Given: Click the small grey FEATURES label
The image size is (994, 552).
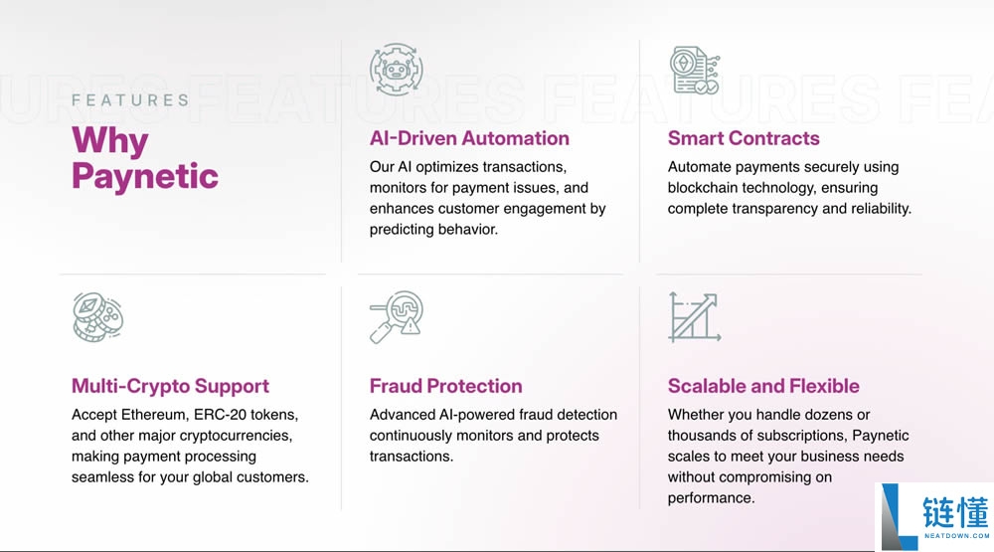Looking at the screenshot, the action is pyautogui.click(x=130, y=100).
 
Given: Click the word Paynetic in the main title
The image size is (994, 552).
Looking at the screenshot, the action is pyautogui.click(x=145, y=176).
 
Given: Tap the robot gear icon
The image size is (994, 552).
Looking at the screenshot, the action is pyautogui.click(x=397, y=70).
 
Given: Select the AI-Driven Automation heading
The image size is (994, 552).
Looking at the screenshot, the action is pyautogui.click(x=469, y=138).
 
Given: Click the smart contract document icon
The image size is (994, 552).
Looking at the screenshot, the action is pyautogui.click(x=695, y=70).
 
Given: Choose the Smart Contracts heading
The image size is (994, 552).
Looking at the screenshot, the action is pyautogui.click(x=744, y=138).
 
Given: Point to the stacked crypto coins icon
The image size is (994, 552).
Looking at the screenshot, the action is pyautogui.click(x=97, y=317).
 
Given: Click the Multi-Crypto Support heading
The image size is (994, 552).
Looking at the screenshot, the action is pyautogui.click(x=170, y=386).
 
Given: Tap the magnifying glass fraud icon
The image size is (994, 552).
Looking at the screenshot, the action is pyautogui.click(x=397, y=316).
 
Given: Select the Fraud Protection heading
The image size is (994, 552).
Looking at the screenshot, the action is pyautogui.click(x=445, y=386).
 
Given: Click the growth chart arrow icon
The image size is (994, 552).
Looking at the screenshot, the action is pyautogui.click(x=695, y=317).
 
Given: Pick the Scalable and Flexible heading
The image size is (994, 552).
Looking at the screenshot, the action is pyautogui.click(x=763, y=386).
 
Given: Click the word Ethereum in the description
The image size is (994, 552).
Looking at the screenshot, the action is pyautogui.click(x=155, y=415).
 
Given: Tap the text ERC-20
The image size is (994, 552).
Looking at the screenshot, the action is pyautogui.click(x=220, y=415).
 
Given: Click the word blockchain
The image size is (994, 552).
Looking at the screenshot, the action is pyautogui.click(x=703, y=188).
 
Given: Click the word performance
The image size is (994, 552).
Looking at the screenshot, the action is pyautogui.click(x=712, y=498).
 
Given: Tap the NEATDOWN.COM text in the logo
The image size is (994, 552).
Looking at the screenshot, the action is pyautogui.click(x=956, y=535).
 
